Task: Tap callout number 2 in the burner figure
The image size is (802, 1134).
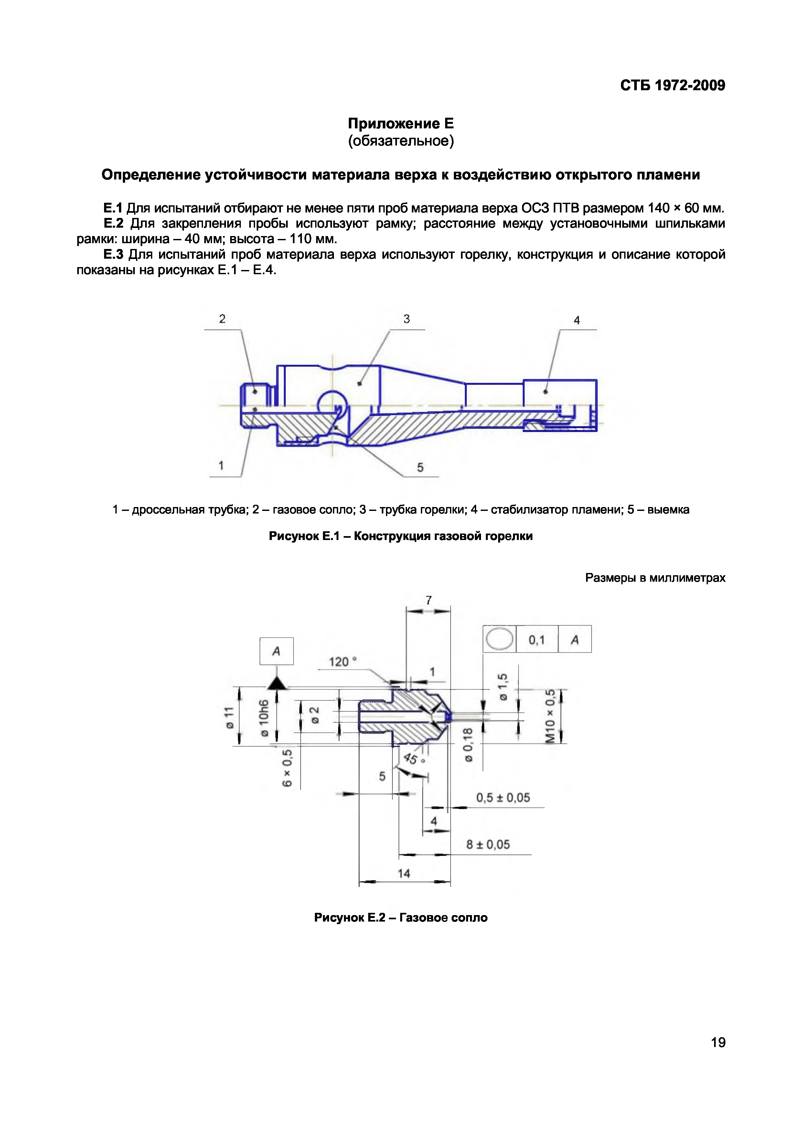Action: click(x=222, y=319)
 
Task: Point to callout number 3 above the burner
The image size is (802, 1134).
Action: click(x=406, y=319)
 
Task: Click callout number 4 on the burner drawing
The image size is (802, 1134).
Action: click(x=576, y=320)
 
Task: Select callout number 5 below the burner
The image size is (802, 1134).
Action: click(x=420, y=467)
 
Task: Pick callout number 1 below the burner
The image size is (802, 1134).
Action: click(x=221, y=465)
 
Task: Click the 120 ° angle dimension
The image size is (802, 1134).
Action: click(x=343, y=661)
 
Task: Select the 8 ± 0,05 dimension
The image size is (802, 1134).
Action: click(x=488, y=844)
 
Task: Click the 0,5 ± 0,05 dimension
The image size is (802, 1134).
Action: click(x=503, y=798)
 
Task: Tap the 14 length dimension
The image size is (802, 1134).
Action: click(x=404, y=873)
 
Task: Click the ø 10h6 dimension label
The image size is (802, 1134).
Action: click(x=264, y=718)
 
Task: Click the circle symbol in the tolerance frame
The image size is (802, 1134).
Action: click(x=499, y=639)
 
